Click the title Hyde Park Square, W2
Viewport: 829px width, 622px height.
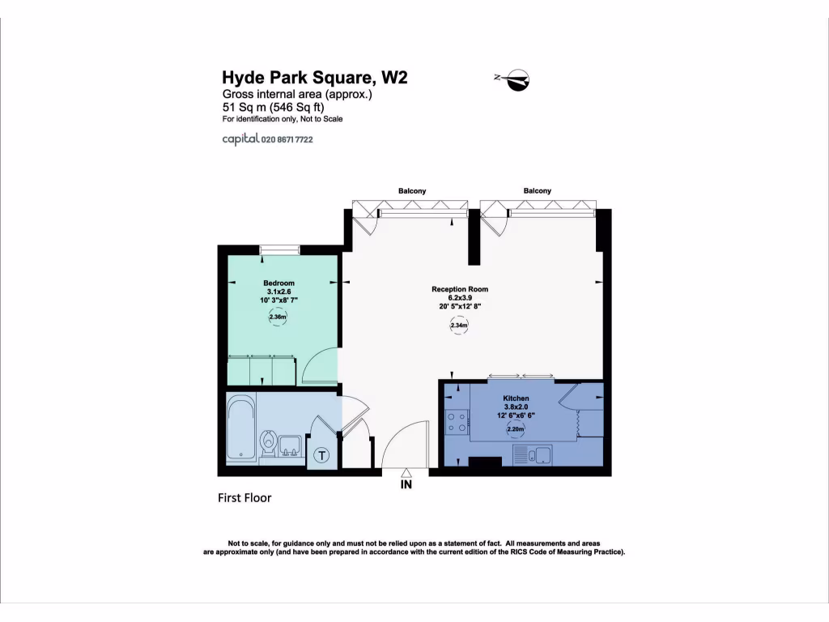[x=314, y=78]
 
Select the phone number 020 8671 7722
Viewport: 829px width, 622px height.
[x=287, y=139]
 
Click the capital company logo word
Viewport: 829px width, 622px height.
[x=240, y=139]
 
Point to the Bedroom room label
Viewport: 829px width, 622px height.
[x=278, y=283]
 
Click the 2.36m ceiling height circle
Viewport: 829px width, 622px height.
[x=278, y=317]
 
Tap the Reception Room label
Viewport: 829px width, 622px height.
[x=460, y=289]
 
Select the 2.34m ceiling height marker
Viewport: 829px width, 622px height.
[x=459, y=326]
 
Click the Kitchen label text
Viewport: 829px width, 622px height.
[x=516, y=398]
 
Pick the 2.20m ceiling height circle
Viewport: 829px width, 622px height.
[x=516, y=432]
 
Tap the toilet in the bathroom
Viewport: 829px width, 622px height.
[x=269, y=443]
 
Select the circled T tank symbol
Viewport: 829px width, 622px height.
[x=322, y=456]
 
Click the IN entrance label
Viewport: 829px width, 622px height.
[x=406, y=485]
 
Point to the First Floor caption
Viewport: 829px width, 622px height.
[x=244, y=498]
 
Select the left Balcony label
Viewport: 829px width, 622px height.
[x=411, y=191]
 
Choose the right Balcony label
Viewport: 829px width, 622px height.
[x=537, y=191]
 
